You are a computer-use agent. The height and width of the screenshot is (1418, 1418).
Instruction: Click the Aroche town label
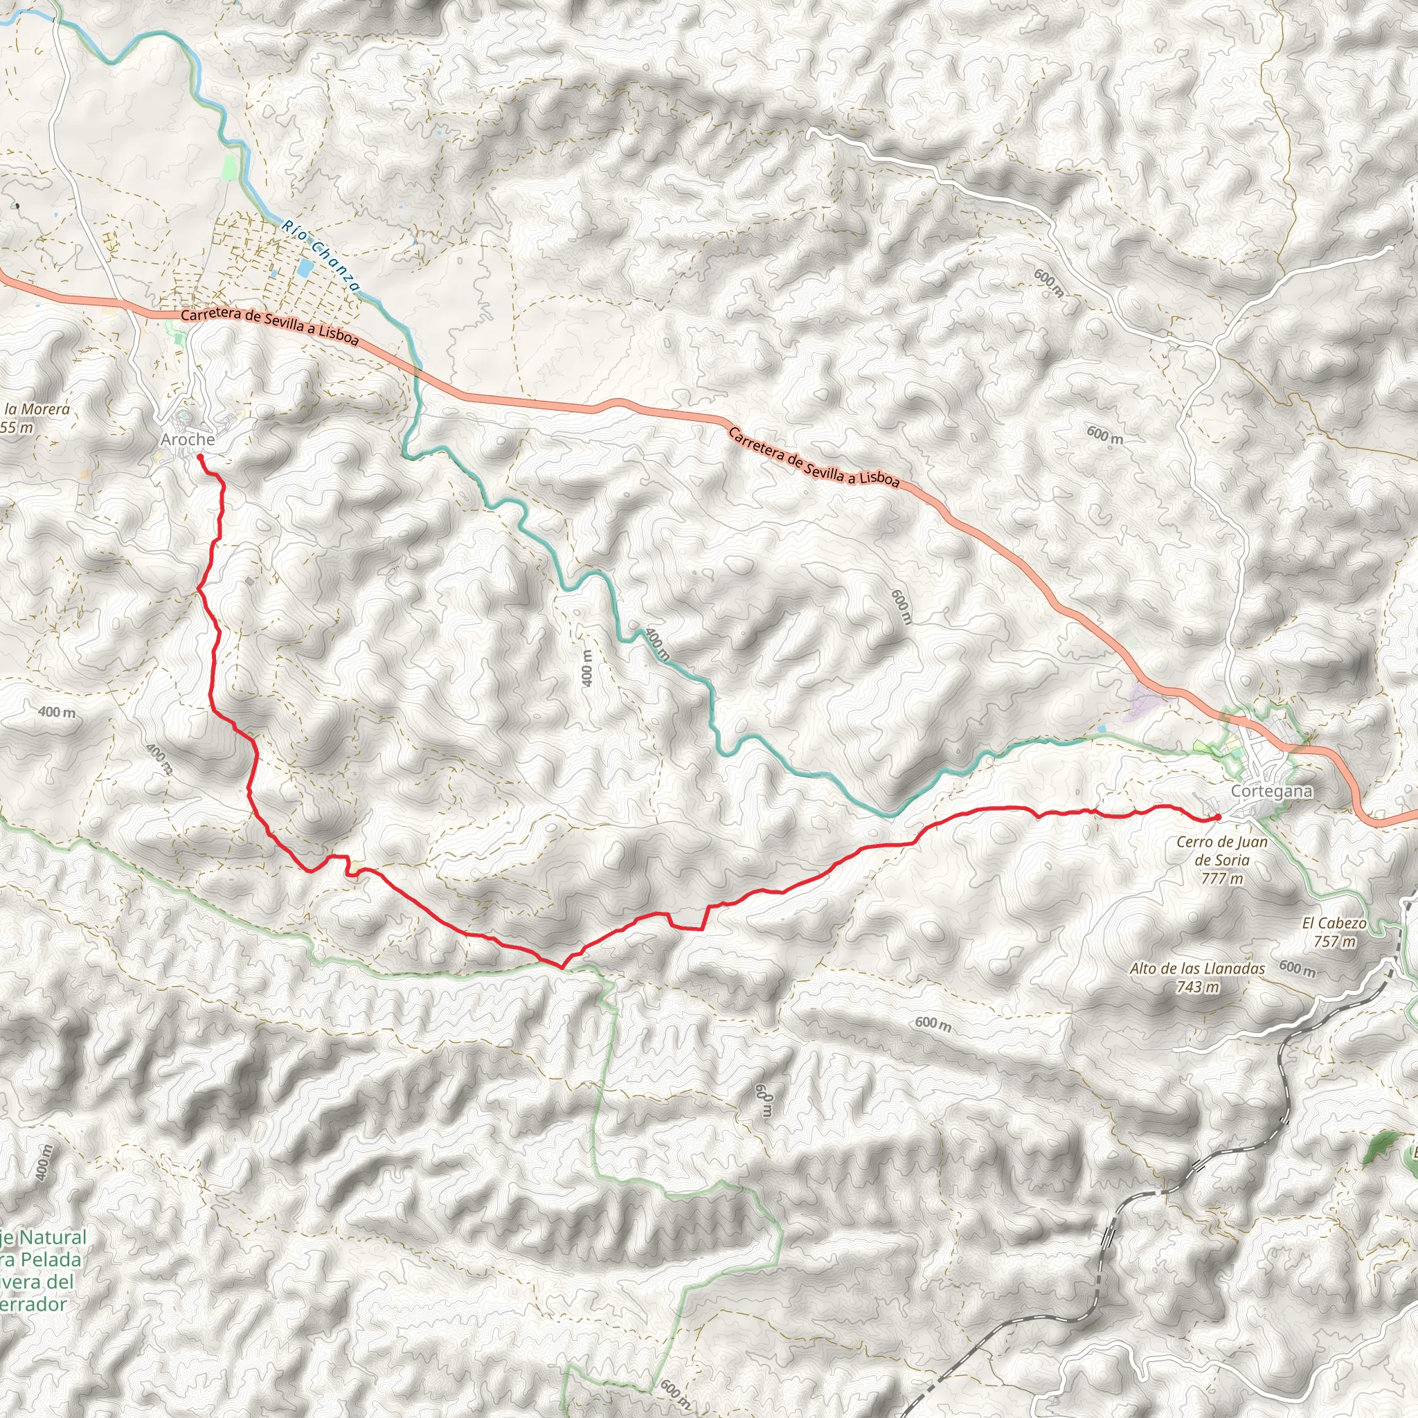click(188, 440)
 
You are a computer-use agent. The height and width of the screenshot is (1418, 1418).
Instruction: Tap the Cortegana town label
click(1261, 791)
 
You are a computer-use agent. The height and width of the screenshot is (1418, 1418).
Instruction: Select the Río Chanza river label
click(321, 255)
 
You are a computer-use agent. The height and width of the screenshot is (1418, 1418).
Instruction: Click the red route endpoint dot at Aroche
click(199, 456)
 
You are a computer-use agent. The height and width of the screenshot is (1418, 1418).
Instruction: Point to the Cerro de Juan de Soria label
click(1222, 851)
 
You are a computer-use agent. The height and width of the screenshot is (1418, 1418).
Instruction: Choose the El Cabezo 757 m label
click(1334, 931)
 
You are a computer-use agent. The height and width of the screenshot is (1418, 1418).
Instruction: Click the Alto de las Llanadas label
click(1197, 969)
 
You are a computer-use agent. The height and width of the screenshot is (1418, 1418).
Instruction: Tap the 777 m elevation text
click(1222, 879)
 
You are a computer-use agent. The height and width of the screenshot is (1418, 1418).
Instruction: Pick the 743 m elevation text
click(1197, 987)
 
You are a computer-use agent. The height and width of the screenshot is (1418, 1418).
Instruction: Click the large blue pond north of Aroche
click(304, 268)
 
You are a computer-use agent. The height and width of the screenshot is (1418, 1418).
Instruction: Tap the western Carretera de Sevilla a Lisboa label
click(269, 327)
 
